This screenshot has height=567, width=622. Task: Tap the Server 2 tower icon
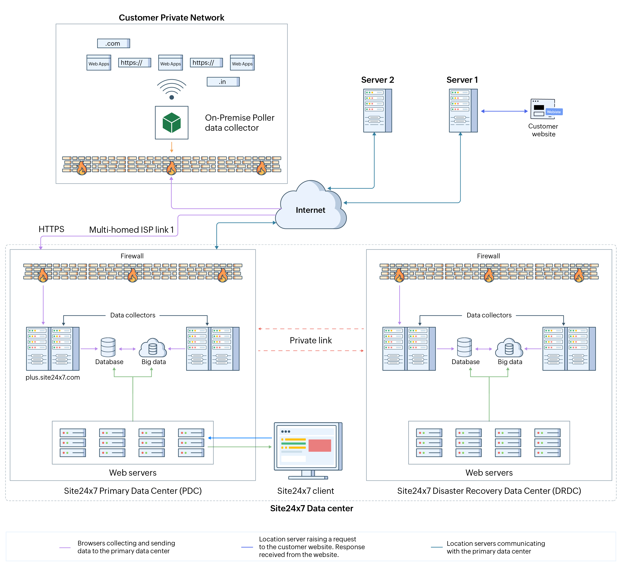tap(377, 110)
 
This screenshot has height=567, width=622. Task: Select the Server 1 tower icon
tap(463, 110)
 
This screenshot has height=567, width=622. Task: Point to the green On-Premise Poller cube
tap(171, 123)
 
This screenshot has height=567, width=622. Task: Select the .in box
tap(223, 82)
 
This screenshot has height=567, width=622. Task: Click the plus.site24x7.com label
tap(53, 377)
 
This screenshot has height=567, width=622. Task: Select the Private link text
tap(311, 340)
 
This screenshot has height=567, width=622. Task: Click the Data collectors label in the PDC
tap(133, 315)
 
